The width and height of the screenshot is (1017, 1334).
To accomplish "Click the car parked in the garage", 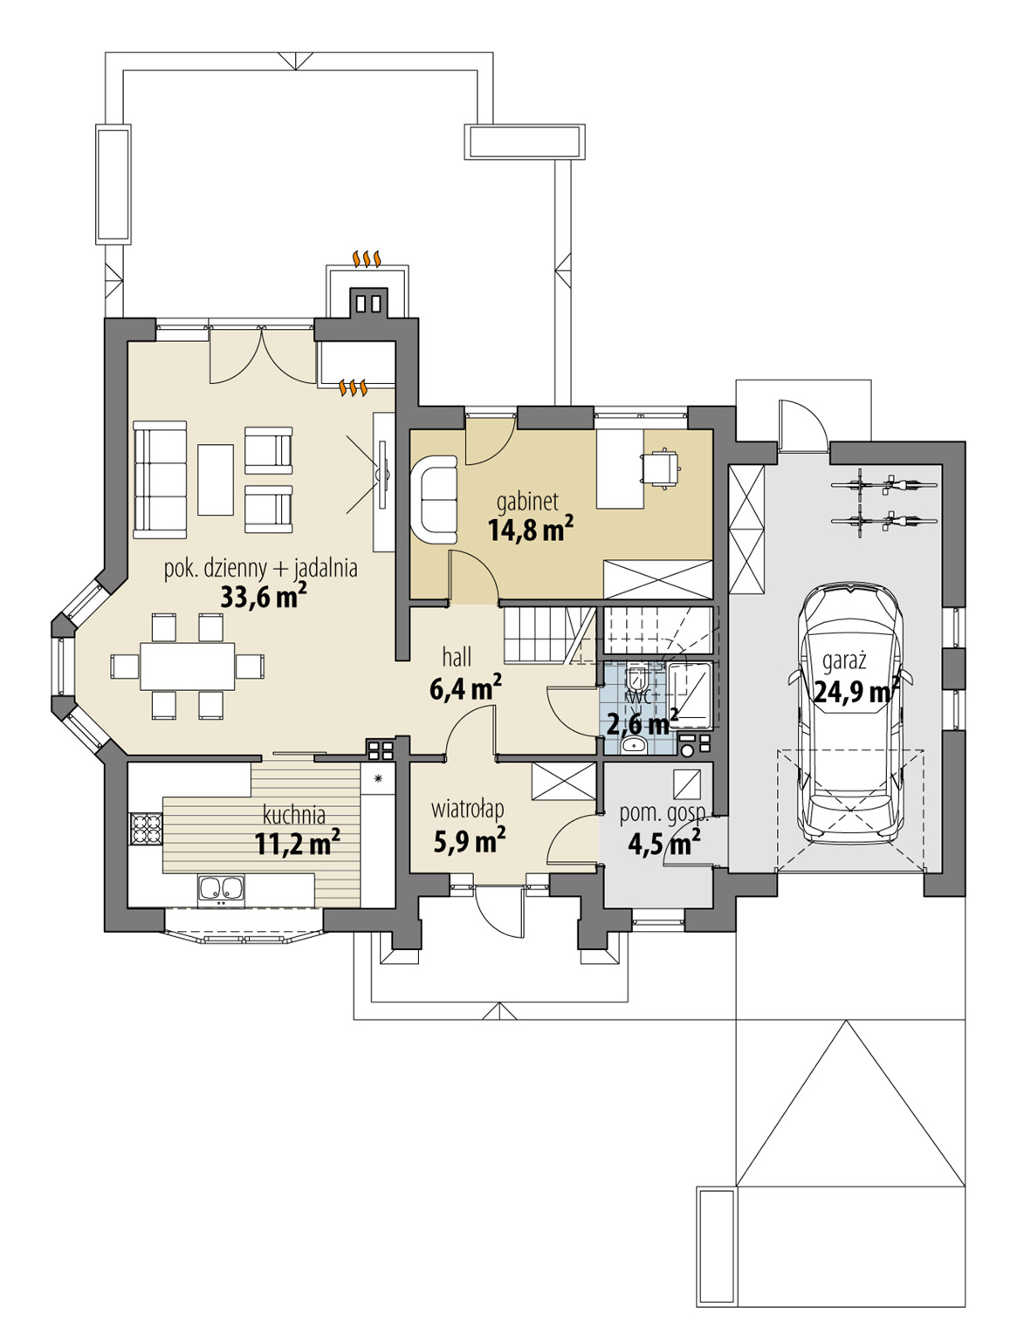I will point(851,715).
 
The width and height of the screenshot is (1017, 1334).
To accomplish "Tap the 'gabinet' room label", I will point(527,502).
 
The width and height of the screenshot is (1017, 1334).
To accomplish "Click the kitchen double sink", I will point(220,888).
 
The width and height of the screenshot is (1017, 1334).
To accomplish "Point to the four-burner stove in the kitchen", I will point(146,828).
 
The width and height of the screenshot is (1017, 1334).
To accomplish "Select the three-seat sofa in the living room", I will point(160,480).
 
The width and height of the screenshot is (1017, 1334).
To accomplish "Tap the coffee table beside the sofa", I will point(216,480).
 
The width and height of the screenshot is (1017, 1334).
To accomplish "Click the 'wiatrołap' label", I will point(467,810).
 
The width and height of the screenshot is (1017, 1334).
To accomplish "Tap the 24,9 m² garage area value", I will point(856,692).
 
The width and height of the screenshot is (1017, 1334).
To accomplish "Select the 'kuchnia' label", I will point(294,815).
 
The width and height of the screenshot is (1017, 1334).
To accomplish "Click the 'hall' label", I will point(457,657).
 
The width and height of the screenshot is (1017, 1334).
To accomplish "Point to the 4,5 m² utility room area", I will point(663,843).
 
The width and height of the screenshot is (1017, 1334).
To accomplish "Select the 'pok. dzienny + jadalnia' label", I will point(260,568).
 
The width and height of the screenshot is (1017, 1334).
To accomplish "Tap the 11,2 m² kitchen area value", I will point(297,843).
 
